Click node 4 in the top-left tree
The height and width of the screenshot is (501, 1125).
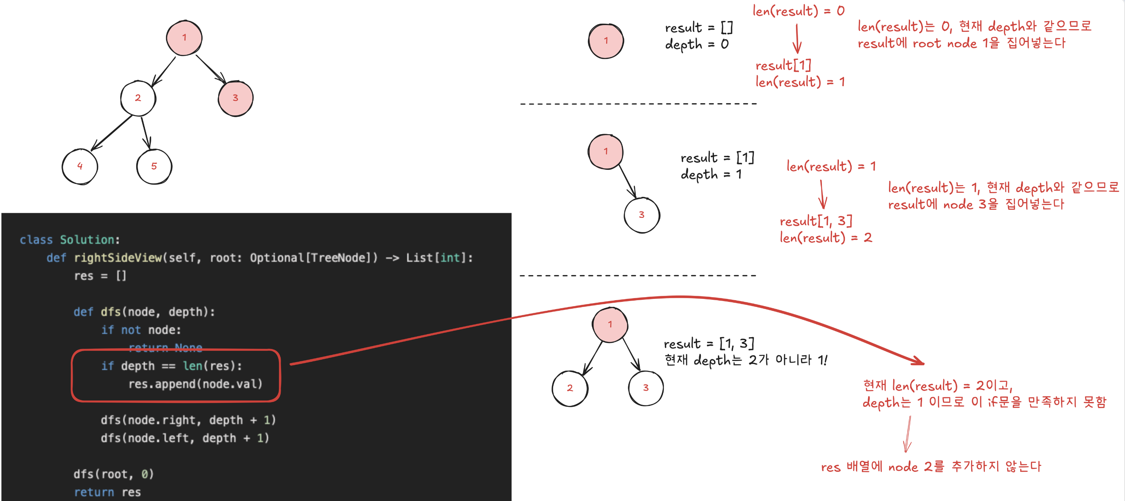[x=80, y=166]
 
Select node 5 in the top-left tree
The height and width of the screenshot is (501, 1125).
[x=154, y=166]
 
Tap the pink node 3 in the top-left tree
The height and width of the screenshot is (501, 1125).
[x=235, y=98]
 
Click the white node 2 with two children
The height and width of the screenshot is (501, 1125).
[x=138, y=98]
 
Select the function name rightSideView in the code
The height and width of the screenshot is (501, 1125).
[x=118, y=258]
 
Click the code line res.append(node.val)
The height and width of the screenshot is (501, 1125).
[x=195, y=384]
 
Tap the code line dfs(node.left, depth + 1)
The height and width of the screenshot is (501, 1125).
[x=185, y=438]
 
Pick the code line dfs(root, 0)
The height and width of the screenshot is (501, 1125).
[x=113, y=474]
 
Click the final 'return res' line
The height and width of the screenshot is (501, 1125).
[x=107, y=492]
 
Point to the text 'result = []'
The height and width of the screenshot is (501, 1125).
[x=699, y=28]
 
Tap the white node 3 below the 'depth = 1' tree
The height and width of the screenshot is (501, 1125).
[x=641, y=215]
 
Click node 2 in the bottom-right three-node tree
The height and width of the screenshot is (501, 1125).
[x=570, y=388]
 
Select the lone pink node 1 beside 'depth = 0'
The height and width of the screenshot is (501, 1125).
[x=606, y=41]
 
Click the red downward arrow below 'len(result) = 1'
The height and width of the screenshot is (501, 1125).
[x=822, y=194]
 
